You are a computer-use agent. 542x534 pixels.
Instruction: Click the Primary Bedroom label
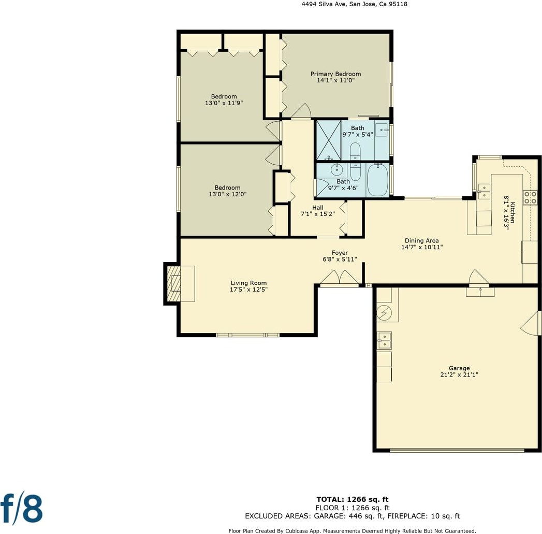335,74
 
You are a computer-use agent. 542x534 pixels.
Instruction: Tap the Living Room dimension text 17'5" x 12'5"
248,290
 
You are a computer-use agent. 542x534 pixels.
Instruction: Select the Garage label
459,368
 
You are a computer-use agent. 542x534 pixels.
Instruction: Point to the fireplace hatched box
174,284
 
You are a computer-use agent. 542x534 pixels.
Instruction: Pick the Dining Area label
422,240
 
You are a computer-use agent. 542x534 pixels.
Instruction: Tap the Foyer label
340,253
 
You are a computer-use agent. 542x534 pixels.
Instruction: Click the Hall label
318,208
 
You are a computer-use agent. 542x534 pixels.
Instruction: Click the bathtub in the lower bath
378,180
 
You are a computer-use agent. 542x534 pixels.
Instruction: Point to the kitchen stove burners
530,197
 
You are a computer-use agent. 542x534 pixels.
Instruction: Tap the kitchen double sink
484,192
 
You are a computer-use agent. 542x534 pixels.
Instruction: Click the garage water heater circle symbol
384,313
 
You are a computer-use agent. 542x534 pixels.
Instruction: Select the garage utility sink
384,340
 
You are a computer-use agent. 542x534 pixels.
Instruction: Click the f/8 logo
21,509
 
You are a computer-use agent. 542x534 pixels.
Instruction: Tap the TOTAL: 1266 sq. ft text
352,499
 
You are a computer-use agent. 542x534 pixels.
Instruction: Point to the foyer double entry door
340,278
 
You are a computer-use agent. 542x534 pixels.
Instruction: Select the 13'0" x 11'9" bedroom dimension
224,103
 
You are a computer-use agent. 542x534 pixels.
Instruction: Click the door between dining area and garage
479,278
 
